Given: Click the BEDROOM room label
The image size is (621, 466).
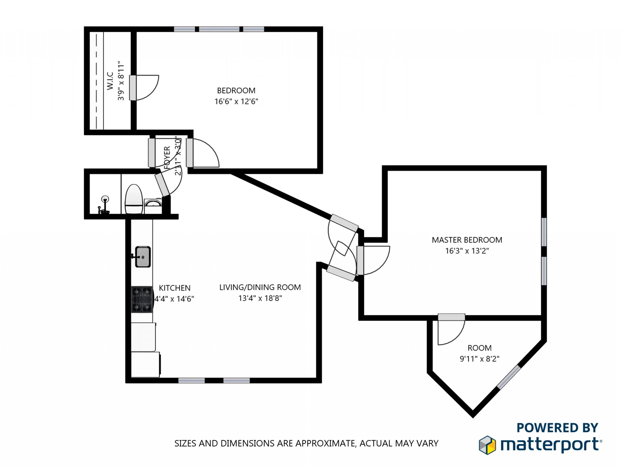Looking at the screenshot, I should [x=236, y=90].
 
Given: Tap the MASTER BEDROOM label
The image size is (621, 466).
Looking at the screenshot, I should [x=467, y=240].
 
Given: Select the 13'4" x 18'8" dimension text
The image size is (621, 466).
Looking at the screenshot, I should [x=260, y=298].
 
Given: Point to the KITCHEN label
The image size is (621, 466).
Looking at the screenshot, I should [x=175, y=288].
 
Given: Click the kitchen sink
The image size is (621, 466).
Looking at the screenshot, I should [x=143, y=257].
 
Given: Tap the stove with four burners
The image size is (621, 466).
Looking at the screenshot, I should [x=142, y=299].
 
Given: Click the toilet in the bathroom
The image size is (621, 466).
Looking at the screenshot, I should [x=134, y=199].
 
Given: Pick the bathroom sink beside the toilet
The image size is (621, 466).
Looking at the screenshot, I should [x=153, y=202].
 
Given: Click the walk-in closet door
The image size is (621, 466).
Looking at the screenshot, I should [x=133, y=88].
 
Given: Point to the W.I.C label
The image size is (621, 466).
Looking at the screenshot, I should [x=110, y=81].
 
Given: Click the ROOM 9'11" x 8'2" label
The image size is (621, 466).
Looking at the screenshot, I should [x=479, y=353].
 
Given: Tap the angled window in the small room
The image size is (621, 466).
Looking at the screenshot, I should [x=509, y=377].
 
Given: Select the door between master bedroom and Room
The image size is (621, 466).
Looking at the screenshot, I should [x=451, y=317].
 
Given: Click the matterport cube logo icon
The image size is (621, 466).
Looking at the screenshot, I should [x=487, y=445].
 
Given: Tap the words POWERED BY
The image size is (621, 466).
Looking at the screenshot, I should [x=557, y=428].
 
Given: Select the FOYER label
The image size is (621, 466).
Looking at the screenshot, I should [x=167, y=157].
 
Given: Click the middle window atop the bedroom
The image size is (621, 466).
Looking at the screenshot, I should [x=219, y=29].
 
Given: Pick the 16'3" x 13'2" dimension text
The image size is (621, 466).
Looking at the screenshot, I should [x=467, y=251].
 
